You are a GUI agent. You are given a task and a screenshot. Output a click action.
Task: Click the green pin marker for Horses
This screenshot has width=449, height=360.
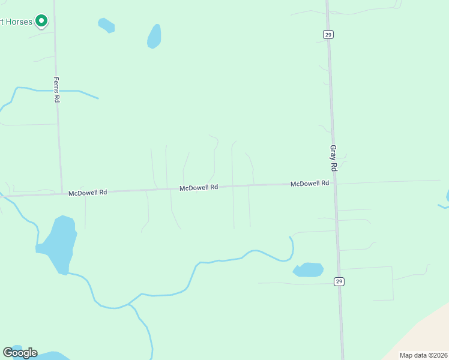point(41,21)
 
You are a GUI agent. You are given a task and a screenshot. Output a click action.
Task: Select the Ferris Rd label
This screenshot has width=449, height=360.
point(56,89)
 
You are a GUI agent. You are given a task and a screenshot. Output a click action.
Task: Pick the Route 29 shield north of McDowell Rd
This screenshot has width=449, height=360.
point(328,35)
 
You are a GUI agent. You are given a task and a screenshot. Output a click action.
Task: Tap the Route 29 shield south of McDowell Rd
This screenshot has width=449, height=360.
point(339,281)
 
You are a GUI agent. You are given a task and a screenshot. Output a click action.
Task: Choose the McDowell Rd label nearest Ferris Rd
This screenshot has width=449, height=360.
point(88,193)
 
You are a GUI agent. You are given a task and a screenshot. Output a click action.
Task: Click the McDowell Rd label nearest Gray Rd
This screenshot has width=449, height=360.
point(310,184)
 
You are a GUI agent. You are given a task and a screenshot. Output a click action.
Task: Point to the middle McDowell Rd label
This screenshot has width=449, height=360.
point(199,188)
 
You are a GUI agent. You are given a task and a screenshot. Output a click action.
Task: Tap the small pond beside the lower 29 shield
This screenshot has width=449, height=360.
point(309,270)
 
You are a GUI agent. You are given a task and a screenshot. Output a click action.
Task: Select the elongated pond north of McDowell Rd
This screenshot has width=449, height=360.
point(154,37)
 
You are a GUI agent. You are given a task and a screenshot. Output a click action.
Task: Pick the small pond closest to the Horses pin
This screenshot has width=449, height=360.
point(106,25)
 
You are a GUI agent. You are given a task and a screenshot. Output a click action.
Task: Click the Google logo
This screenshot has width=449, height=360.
point(20,353)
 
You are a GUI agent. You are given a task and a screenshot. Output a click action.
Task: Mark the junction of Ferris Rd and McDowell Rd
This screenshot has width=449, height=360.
point(62,194)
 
